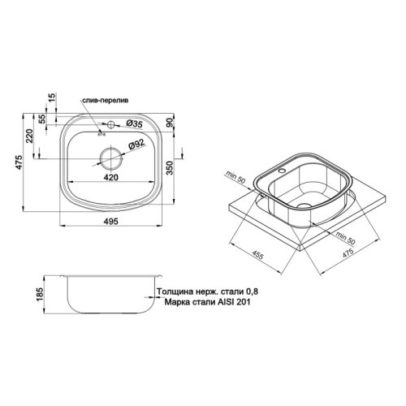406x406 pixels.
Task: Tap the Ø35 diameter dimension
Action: [x=136, y=124]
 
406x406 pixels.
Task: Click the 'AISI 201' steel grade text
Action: [x=227, y=304]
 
